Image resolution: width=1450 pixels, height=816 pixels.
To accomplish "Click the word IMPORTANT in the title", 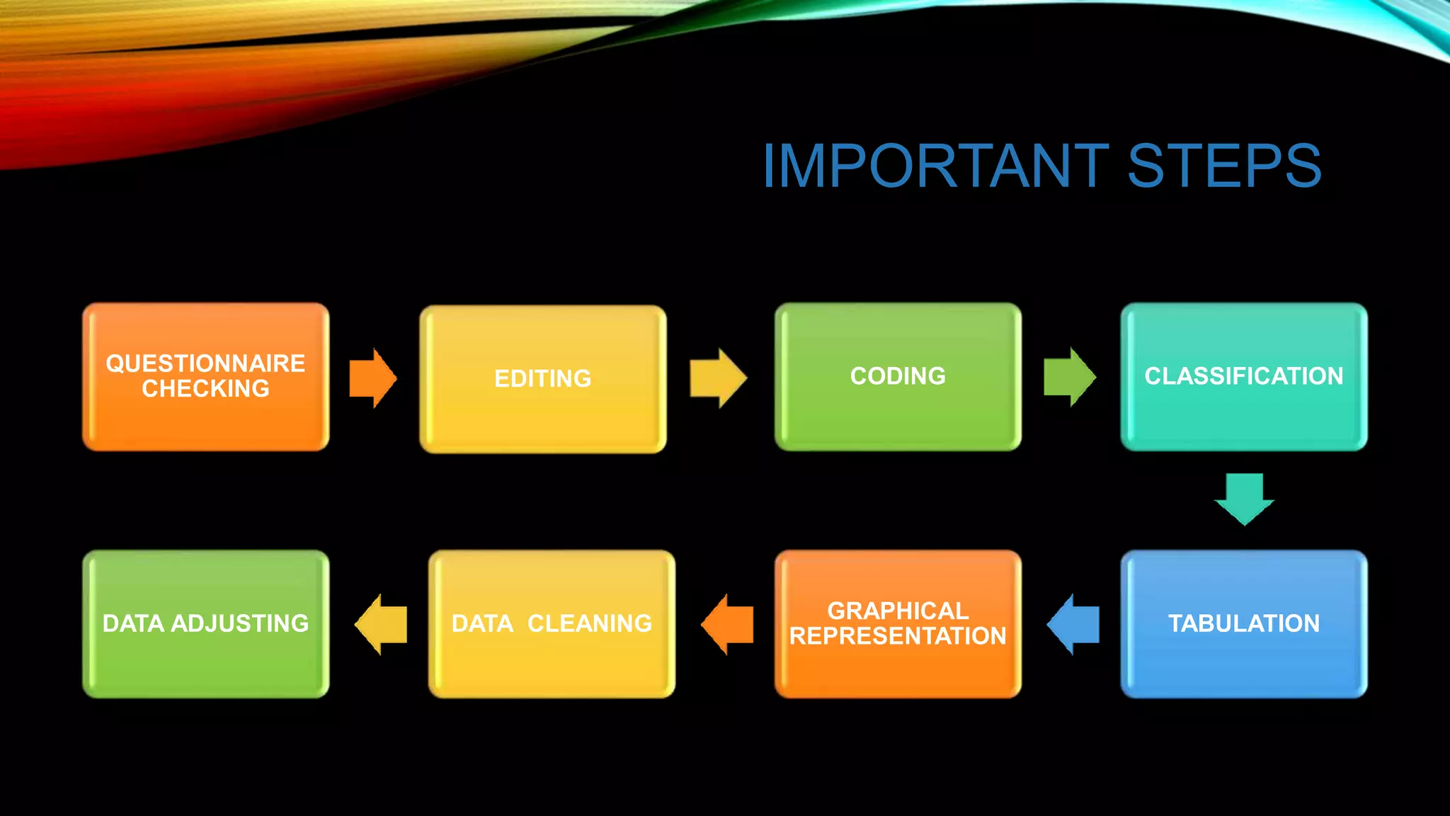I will click(935, 166).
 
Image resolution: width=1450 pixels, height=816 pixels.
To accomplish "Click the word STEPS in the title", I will click(1224, 166).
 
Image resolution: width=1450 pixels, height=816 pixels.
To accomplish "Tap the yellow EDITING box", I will click(543, 380).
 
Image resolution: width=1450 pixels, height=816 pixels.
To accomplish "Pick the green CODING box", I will click(898, 377).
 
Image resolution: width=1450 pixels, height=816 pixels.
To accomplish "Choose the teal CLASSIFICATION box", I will click(1244, 377).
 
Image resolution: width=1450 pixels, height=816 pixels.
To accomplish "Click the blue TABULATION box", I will click(1244, 624).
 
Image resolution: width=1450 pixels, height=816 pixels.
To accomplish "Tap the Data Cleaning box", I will click(552, 624).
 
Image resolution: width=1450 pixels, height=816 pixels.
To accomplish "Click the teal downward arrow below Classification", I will click(1244, 499).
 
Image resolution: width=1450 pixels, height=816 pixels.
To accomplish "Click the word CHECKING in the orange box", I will click(205, 389).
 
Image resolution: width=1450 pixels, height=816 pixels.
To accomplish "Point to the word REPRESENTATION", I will click(898, 636).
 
